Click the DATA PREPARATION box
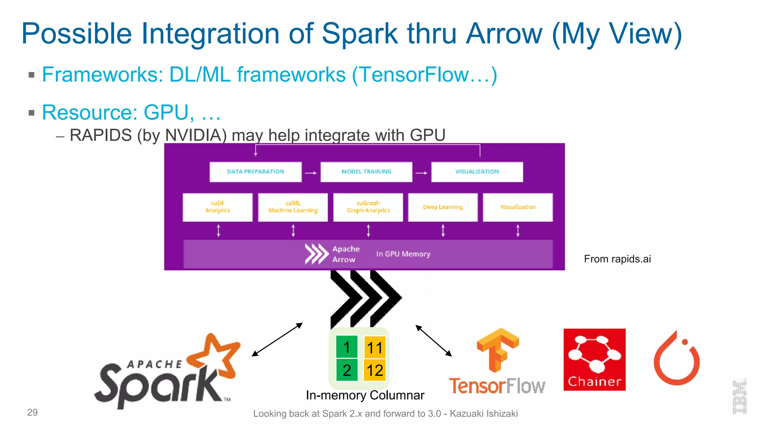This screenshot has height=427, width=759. click(x=255, y=172)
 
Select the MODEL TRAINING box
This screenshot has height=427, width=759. click(x=366, y=172)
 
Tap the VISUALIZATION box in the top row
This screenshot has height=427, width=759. click(x=477, y=172)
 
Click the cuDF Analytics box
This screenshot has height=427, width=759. click(x=218, y=207)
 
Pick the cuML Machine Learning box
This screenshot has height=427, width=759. click(x=293, y=207)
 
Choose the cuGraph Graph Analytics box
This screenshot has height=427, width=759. click(x=368, y=207)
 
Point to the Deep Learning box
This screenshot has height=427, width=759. click(x=443, y=207)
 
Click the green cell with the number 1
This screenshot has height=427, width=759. click(x=347, y=347)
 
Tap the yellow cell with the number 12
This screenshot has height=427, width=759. click(x=375, y=370)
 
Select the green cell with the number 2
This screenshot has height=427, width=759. click(x=347, y=370)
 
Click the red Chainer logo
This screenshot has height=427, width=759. click(x=594, y=360)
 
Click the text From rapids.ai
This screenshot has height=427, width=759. click(x=617, y=259)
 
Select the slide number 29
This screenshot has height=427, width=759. click(x=32, y=412)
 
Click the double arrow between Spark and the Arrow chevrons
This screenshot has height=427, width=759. click(x=277, y=340)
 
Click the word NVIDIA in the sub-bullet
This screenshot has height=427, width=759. click(x=193, y=135)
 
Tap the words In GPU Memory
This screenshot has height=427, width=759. click(x=403, y=254)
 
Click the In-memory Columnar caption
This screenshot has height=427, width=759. click(x=365, y=395)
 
